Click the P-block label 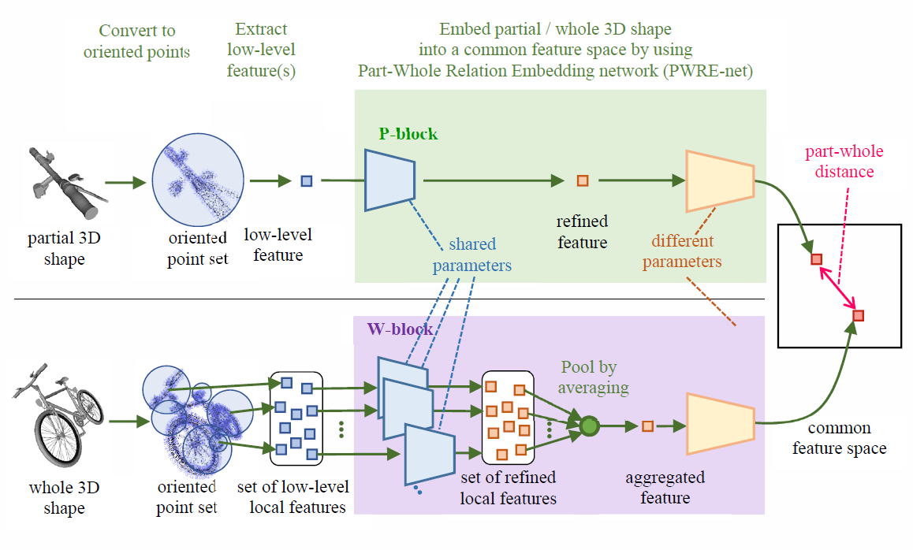(408, 134)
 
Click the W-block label (400, 329)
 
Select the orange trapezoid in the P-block (720, 180)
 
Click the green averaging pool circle (589, 426)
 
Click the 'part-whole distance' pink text (843, 161)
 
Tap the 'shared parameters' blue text (471, 255)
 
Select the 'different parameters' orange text (681, 251)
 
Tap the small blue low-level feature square (307, 181)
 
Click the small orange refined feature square (583, 180)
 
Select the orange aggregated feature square (647, 426)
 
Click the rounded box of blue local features (296, 418)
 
